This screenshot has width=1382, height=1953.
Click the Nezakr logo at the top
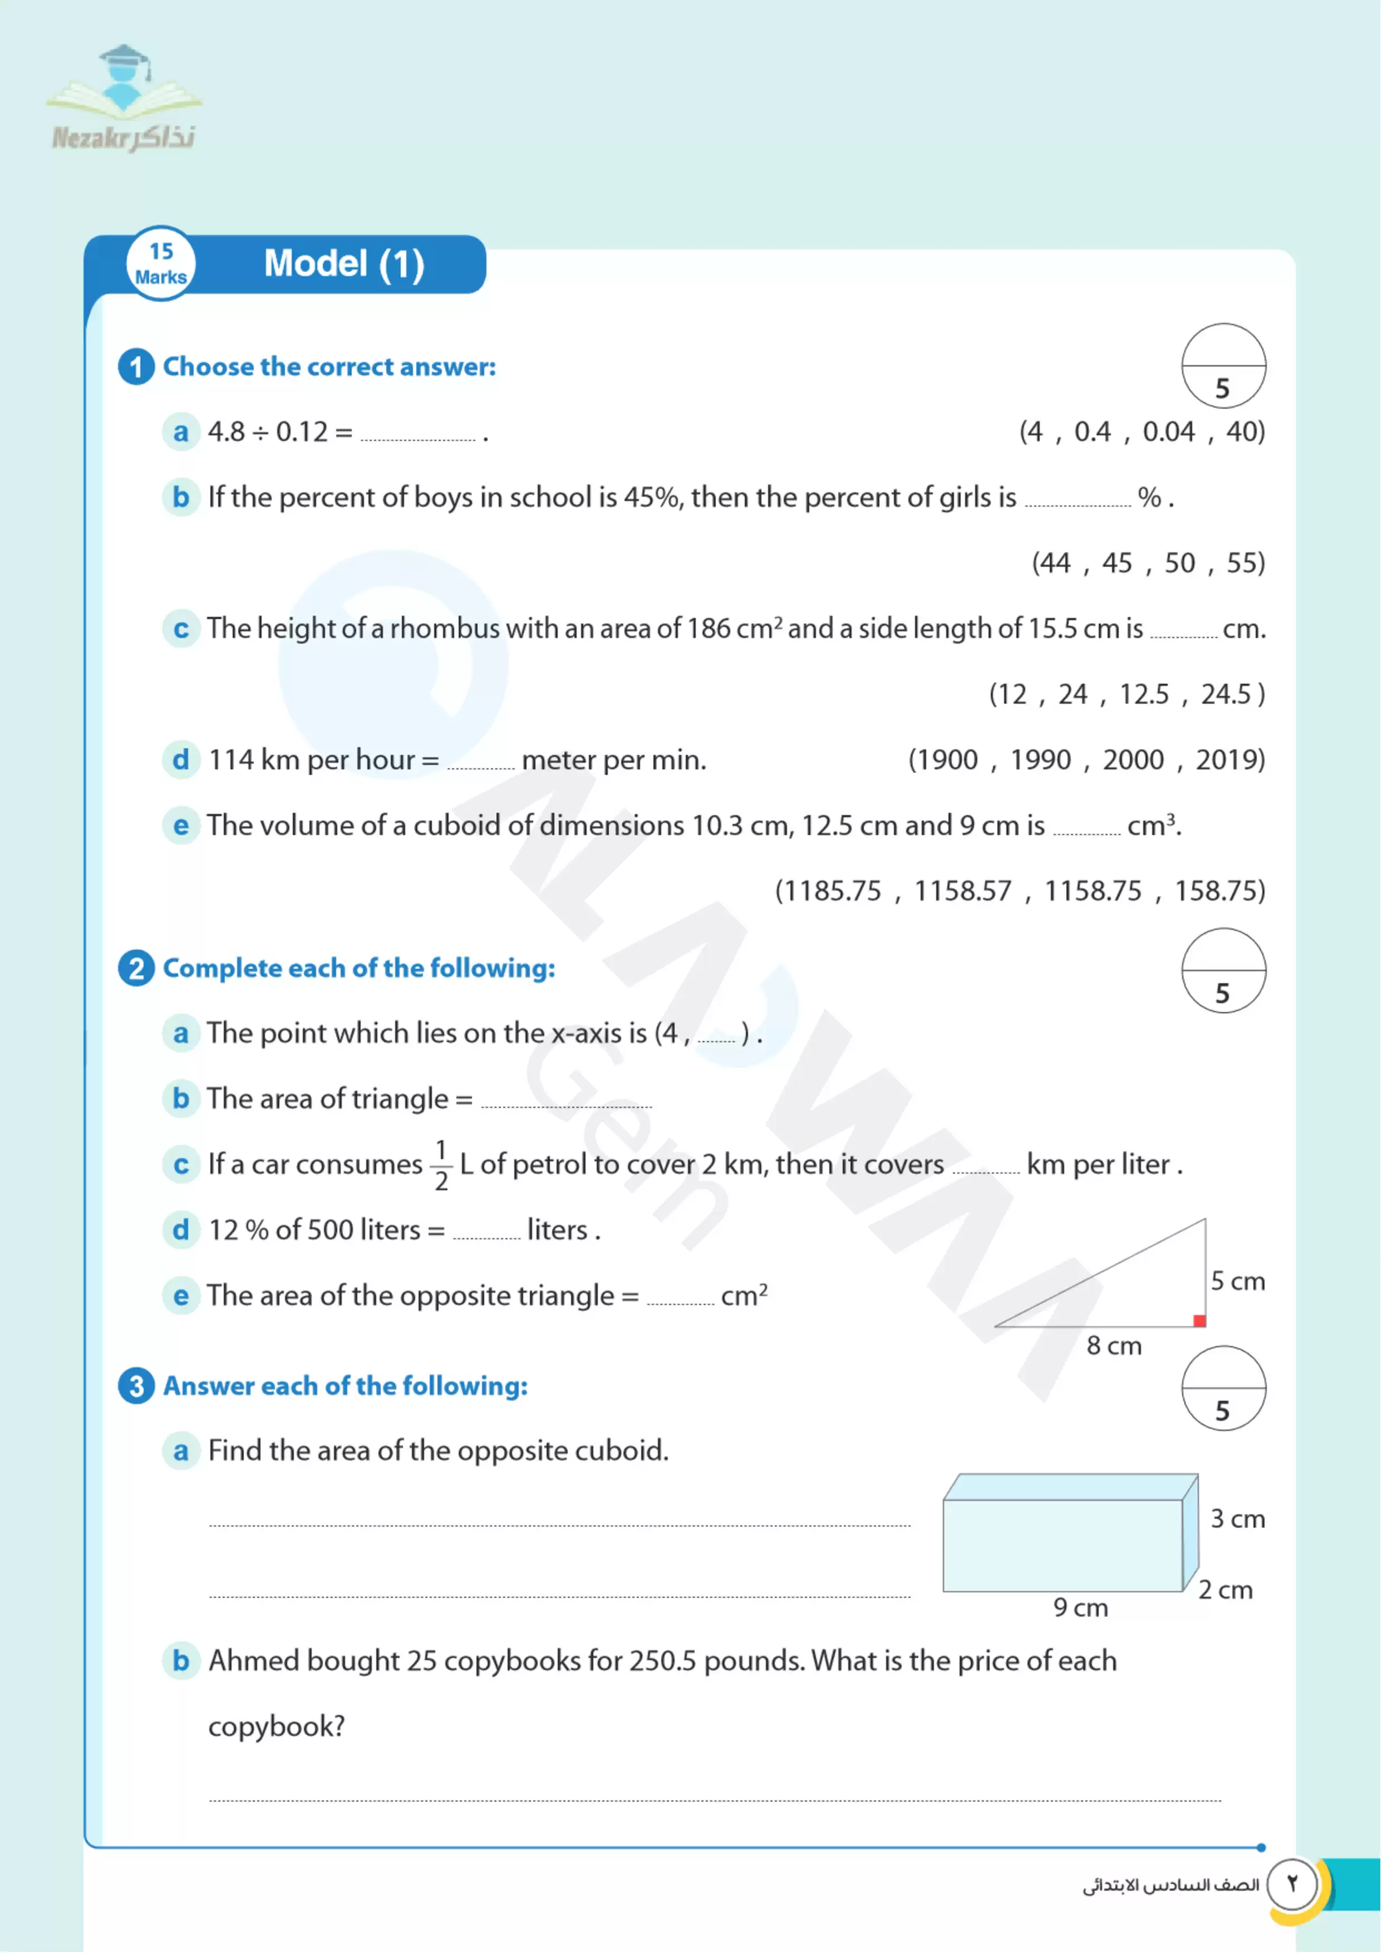click(124, 98)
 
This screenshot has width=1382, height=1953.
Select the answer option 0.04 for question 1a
click(1168, 432)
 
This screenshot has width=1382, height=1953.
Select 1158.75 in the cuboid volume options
click(1093, 891)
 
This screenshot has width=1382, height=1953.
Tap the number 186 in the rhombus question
click(708, 629)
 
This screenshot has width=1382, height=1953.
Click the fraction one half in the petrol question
click(441, 1165)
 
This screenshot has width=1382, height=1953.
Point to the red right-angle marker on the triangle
click(1199, 1321)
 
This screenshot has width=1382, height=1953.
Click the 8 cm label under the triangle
click(1113, 1346)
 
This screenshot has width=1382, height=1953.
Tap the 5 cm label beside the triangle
click(1237, 1280)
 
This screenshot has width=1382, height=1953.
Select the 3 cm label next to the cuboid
click(1237, 1519)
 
